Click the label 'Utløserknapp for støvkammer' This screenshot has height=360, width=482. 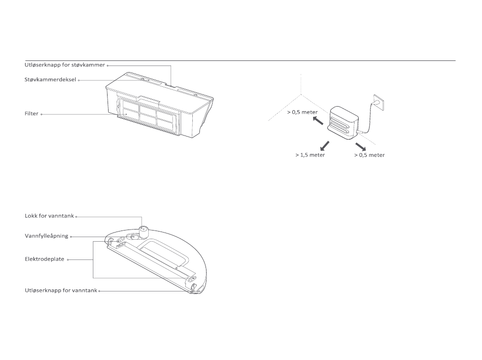(65, 65)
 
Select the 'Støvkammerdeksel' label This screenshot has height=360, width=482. (50, 80)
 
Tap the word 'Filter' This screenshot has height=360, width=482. (31, 114)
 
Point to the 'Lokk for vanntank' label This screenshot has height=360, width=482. (49, 216)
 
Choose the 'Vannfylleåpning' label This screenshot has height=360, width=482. (46, 236)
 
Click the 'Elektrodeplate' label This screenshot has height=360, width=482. (45, 258)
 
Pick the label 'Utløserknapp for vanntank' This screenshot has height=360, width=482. (60, 290)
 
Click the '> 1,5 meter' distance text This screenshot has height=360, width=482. (310, 155)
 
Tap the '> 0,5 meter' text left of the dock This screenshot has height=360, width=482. (302, 112)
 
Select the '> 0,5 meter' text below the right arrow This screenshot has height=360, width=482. (369, 155)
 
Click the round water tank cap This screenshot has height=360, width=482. (143, 232)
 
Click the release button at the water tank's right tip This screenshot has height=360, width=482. (195, 287)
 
